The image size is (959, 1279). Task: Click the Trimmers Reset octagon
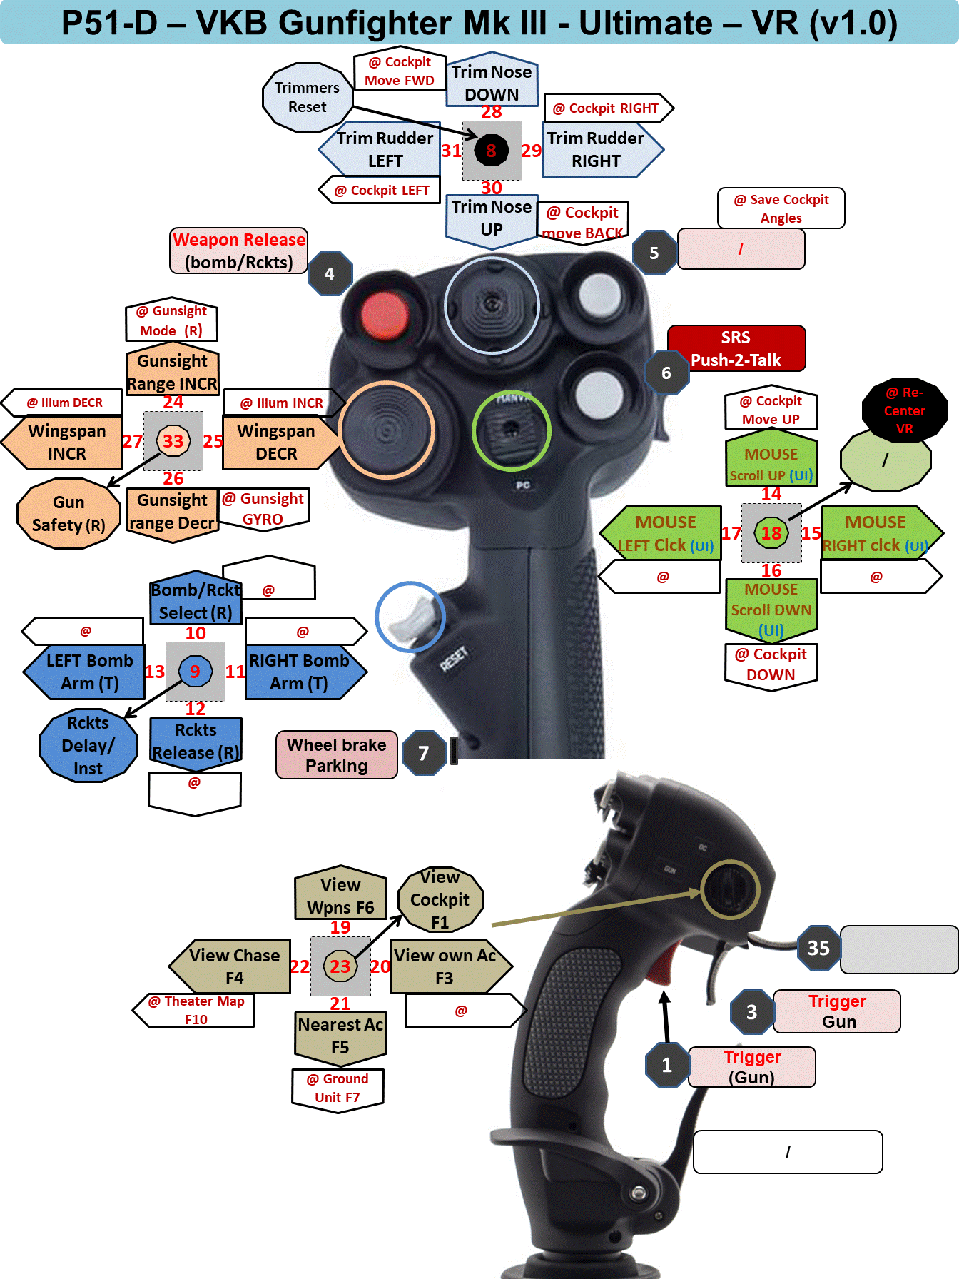pos(307,98)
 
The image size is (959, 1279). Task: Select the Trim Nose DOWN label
pos(492,82)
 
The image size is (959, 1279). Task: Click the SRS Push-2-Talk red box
pos(736,348)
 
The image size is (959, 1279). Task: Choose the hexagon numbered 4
pos(330,273)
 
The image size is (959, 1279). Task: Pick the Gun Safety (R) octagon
pos(68,514)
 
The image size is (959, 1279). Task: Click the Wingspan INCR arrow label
pos(64,443)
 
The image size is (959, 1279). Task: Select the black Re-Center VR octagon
pos(904,410)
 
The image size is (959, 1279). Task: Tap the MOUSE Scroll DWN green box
pos(771,609)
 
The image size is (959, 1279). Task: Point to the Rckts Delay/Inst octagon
pos(88,746)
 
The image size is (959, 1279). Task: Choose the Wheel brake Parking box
pos(336,755)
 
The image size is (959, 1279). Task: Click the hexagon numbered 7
pos(424,753)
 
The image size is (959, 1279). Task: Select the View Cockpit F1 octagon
pos(440,900)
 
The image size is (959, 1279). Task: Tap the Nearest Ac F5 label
pos(340,1036)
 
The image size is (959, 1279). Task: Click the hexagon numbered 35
pos(818,948)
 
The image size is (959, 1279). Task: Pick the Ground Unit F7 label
pos(338,1088)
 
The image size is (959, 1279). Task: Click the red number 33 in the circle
pos(173,441)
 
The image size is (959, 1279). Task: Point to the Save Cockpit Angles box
pos(781,208)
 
